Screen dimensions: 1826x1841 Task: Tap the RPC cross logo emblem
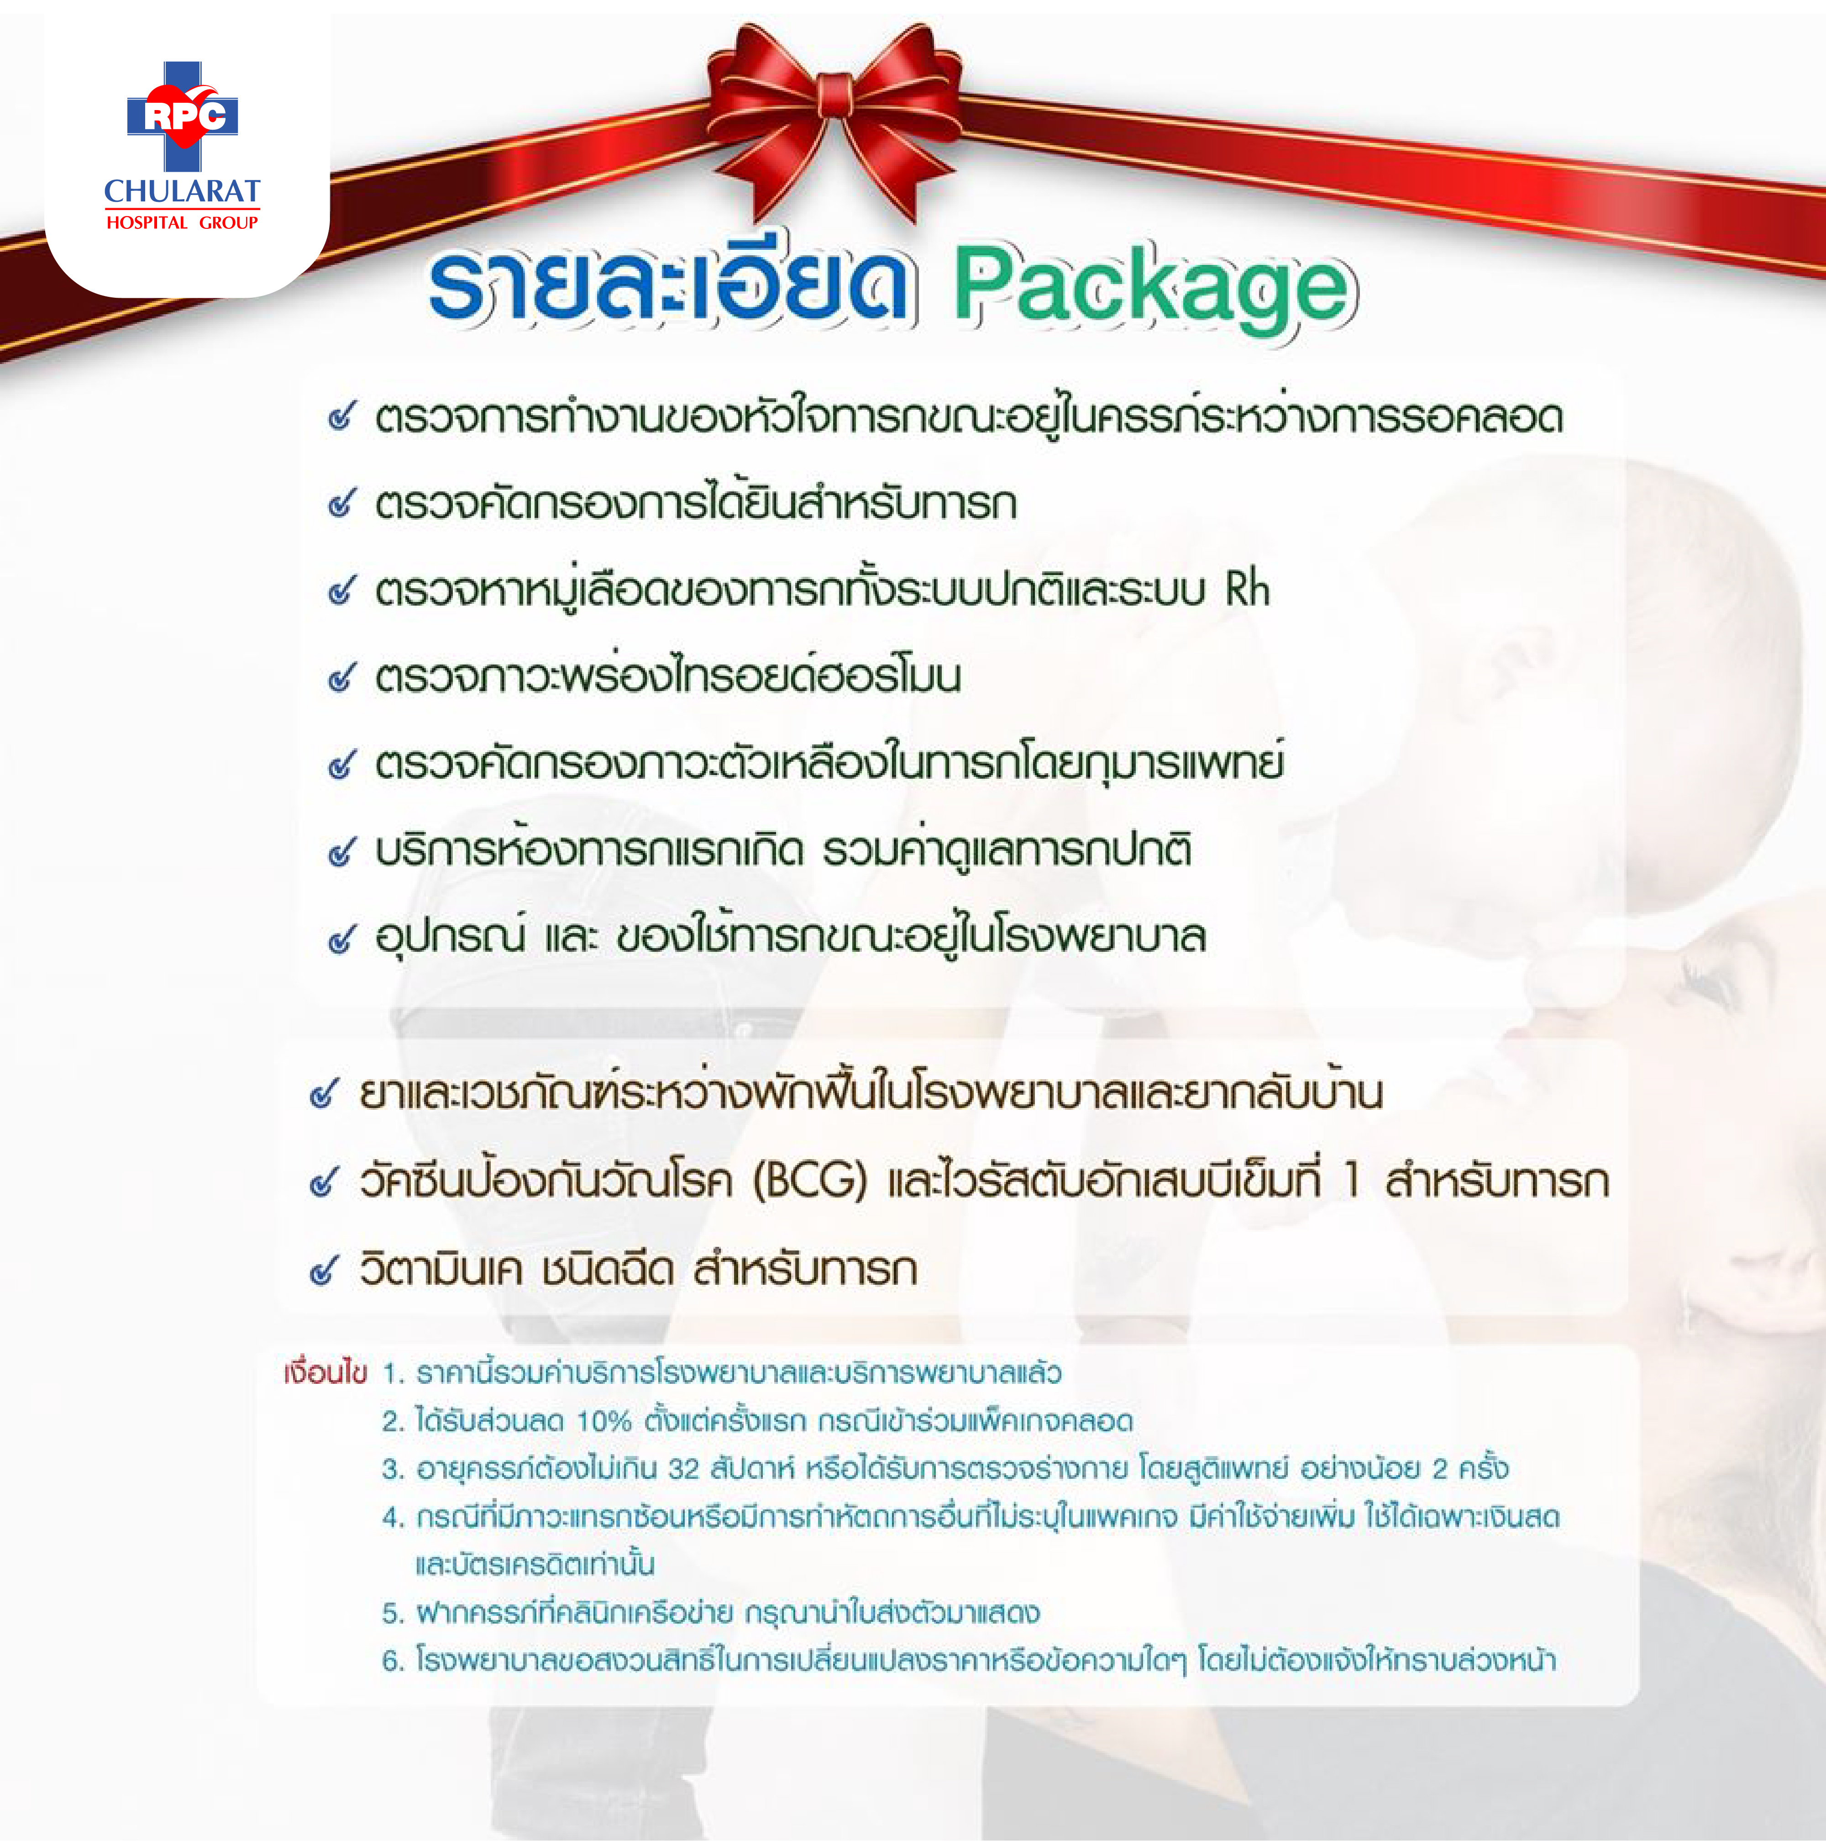[182, 116]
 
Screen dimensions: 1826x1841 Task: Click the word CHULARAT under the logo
[182, 191]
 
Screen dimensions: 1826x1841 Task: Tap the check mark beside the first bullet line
[342, 417]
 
